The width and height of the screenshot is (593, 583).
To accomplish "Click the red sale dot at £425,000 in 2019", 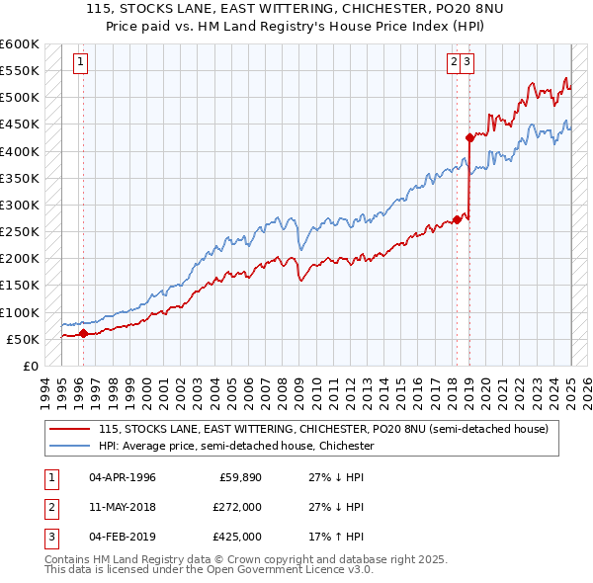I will pyautogui.click(x=469, y=137).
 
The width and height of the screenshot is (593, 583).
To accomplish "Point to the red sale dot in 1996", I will pyautogui.click(x=83, y=333).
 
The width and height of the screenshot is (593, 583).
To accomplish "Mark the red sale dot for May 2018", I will pyautogui.click(x=457, y=219).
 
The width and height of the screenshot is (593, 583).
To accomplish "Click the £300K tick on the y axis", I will pyautogui.click(x=21, y=205).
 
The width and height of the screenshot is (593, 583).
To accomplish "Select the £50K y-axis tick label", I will pyautogui.click(x=24, y=339).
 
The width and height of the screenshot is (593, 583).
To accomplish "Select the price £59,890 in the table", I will pyautogui.click(x=240, y=477).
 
